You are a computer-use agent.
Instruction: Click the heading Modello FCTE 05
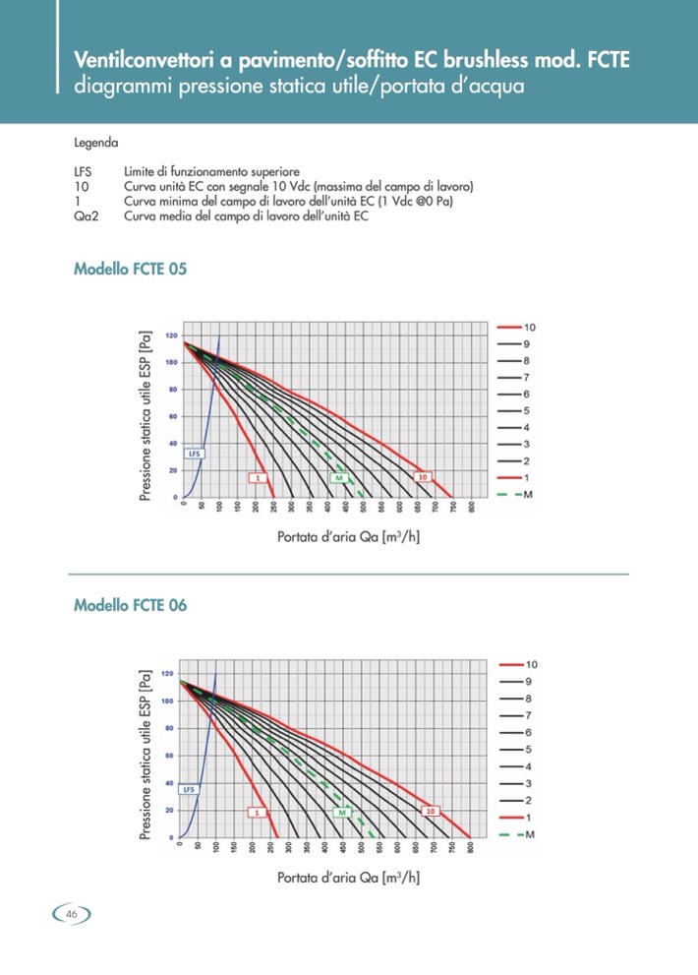click(130, 269)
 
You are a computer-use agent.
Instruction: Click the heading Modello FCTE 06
click(130, 605)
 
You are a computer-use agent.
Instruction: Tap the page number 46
click(72, 914)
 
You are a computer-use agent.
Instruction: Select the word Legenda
click(96, 142)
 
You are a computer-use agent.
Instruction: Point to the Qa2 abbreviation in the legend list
click(87, 216)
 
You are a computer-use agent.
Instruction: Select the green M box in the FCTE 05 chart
click(338, 477)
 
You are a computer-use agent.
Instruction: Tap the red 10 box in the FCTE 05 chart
click(422, 477)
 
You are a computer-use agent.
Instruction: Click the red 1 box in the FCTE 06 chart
click(255, 813)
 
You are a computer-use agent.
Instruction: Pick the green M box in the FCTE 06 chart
click(342, 813)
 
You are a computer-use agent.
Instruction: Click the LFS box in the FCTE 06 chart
click(190, 789)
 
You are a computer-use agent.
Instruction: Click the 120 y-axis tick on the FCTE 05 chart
click(172, 335)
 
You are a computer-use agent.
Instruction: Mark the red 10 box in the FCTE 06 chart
click(430, 812)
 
